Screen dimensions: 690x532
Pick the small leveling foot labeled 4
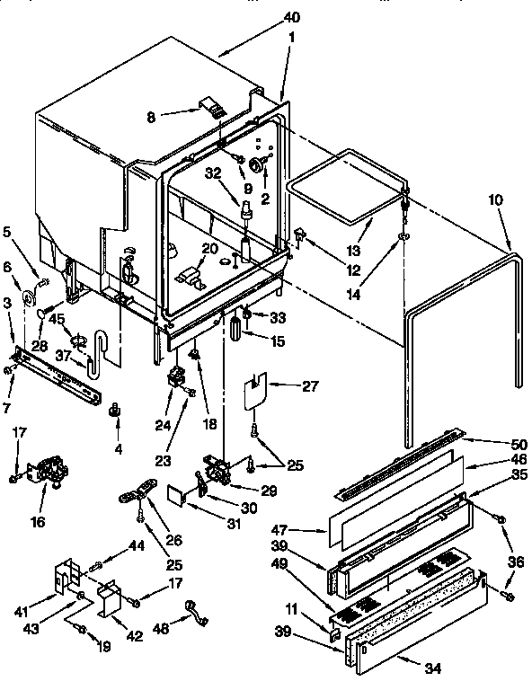[114, 411]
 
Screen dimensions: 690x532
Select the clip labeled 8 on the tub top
[214, 109]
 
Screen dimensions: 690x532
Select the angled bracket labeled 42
[113, 597]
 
